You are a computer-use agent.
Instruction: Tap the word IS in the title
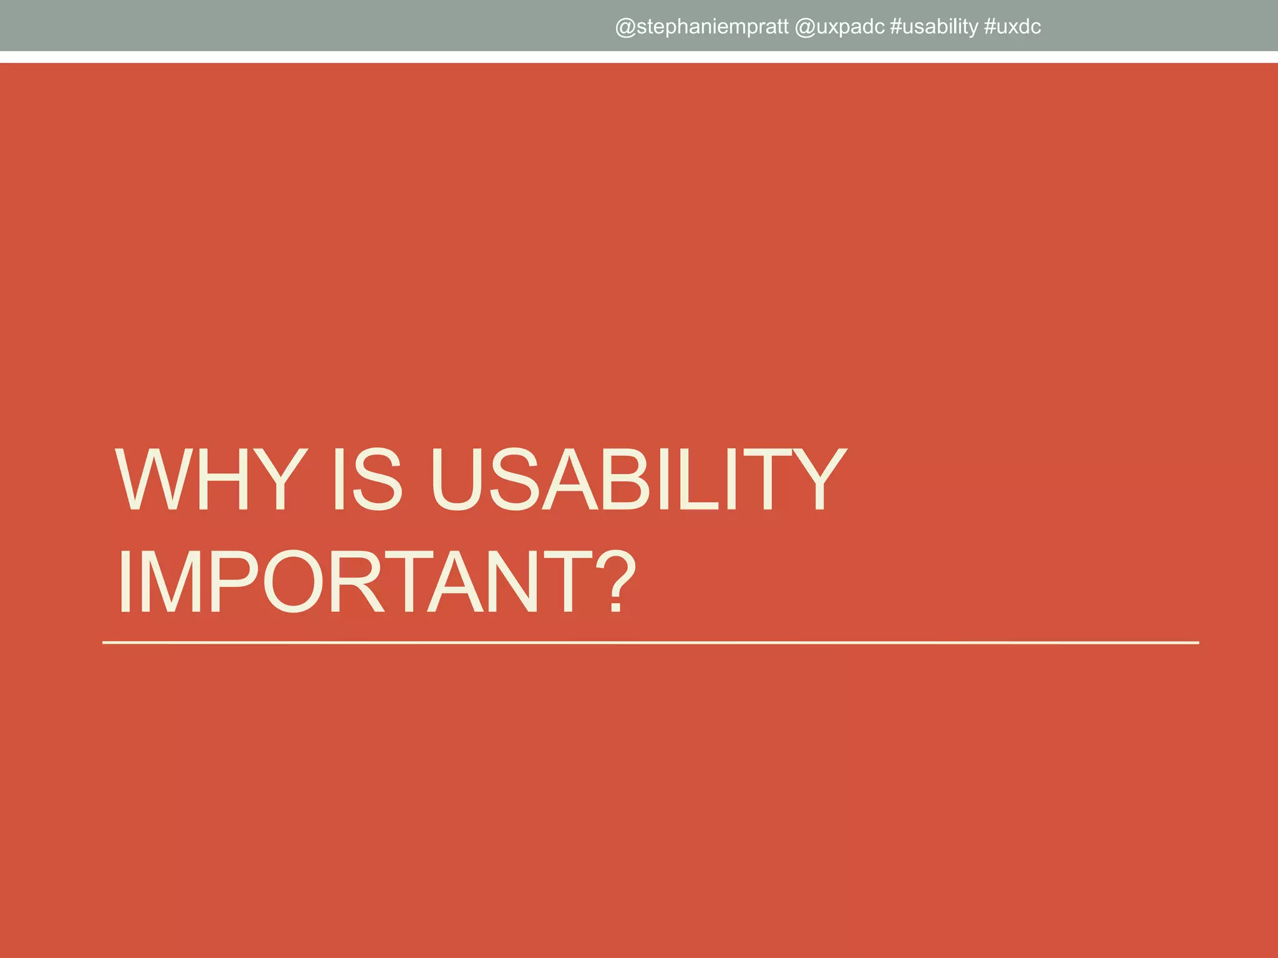pos(367,480)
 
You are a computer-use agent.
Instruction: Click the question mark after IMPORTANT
pos(615,581)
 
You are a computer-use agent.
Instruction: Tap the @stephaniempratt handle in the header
pos(702,27)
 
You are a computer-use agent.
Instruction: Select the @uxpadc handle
pos(840,27)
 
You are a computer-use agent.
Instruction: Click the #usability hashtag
pos(934,27)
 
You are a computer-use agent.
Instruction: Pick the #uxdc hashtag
pos(1012,27)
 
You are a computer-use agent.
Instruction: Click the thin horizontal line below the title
pos(649,642)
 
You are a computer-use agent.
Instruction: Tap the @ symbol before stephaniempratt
pos(625,27)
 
